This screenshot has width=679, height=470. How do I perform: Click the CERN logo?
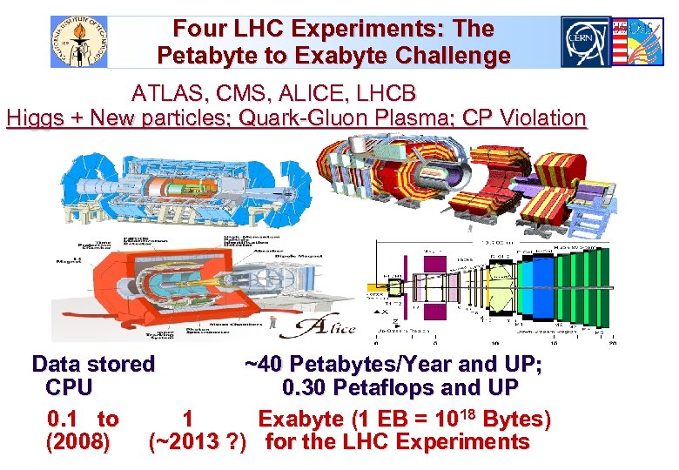585,42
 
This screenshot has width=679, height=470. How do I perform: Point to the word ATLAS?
165,92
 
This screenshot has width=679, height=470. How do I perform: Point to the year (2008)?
78,441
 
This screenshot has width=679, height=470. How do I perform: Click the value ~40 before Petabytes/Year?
263,364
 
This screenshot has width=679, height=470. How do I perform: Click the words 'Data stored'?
93,364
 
